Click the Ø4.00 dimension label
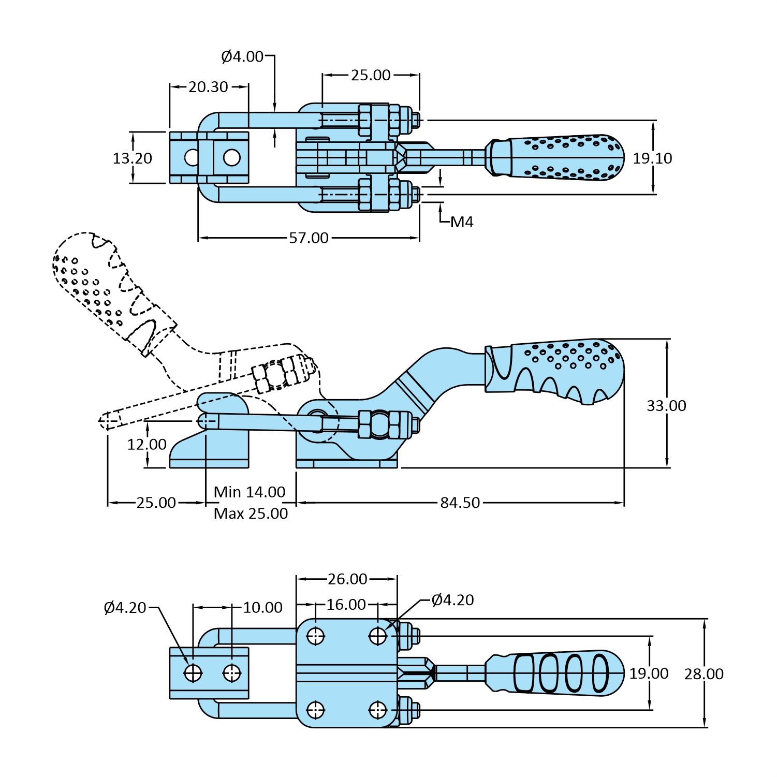pos(242,56)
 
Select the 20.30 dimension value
pos(208,87)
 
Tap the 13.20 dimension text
pos(133,158)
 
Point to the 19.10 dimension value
pos(652,158)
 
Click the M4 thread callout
pos(462,222)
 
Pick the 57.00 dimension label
pos(309,238)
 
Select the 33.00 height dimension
pos(666,406)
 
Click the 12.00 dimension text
pos(147,445)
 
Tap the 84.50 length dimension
pos(460,503)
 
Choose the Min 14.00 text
pos(250,492)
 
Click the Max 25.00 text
pos(251,514)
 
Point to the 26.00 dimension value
pos(347,579)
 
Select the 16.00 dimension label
pos(346,605)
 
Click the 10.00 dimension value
pos(262,608)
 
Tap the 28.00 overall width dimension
pos(703,674)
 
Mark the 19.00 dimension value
pos(649,674)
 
